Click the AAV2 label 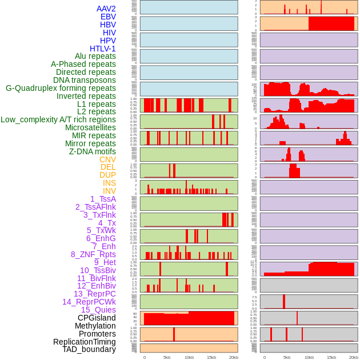tap(106, 9)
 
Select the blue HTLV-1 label tap(103, 49)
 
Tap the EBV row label tap(108, 17)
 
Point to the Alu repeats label tap(95, 56)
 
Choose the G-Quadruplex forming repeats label tap(61, 88)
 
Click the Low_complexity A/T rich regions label tap(58, 119)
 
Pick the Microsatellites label tap(90, 127)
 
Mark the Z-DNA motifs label tap(93, 151)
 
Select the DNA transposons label tap(85, 80)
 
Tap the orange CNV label tap(107, 159)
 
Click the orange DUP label tap(107, 175)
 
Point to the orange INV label tap(109, 191)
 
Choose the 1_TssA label tap(103, 199)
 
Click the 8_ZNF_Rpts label tap(93, 254)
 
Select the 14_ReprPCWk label tap(89, 302)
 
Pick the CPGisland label tap(97, 318)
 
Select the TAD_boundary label tap(89, 349)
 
